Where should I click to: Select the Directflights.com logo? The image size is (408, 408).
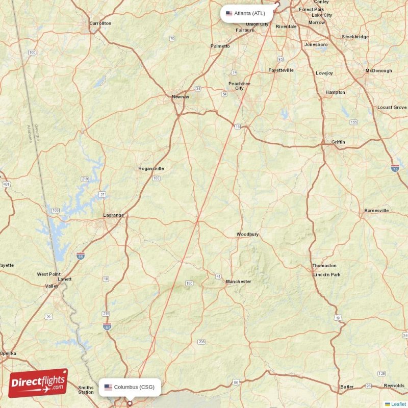click(38, 383)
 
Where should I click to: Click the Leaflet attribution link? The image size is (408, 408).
click(398, 404)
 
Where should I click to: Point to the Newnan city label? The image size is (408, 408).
click(180, 96)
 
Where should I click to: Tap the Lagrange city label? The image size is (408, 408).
click(113, 215)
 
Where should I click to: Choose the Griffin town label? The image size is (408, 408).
click(338, 142)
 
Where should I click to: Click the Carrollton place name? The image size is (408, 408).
click(100, 23)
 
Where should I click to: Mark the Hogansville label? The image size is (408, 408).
click(151, 168)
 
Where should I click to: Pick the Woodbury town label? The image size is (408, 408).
click(247, 234)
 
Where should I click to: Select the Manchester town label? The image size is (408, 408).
click(239, 282)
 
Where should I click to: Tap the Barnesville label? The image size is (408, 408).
click(376, 211)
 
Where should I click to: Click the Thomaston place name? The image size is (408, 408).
click(324, 266)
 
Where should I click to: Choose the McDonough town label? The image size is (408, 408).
click(378, 71)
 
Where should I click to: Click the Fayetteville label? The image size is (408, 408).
click(281, 70)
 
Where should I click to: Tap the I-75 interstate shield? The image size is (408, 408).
click(395, 168)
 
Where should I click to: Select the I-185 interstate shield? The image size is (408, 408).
click(107, 326)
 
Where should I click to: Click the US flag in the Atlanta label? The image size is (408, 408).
click(229, 13)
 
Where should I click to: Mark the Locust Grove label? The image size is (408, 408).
click(392, 108)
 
